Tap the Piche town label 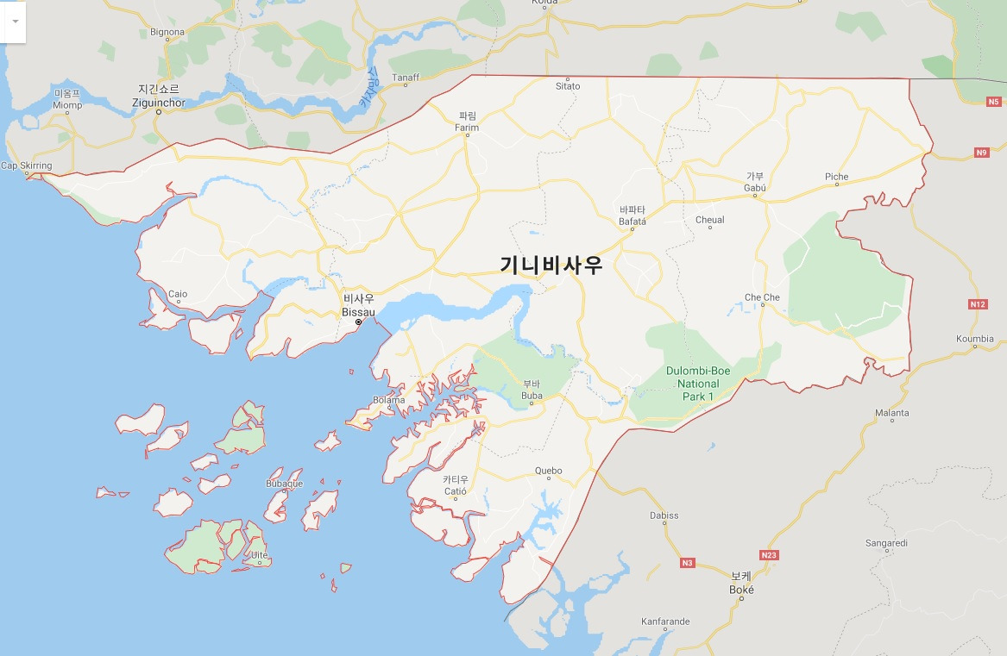click(836, 177)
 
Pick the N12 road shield click(978, 304)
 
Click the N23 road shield click(770, 554)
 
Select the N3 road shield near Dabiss click(687, 563)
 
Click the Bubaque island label click(284, 484)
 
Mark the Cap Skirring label click(27, 166)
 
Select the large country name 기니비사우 click(551, 266)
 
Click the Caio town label click(178, 294)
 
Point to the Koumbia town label click(975, 339)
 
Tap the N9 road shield click(981, 153)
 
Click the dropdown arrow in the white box click(15, 21)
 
